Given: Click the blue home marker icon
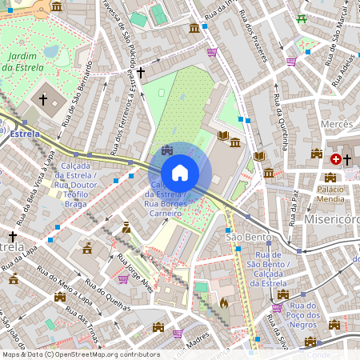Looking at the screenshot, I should [180, 172].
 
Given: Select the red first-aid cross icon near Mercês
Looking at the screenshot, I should [346, 159].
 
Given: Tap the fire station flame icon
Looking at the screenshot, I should [223, 304].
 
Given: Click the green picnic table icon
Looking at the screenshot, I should [302, 19].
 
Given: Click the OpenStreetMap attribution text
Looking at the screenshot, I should [80, 354].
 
